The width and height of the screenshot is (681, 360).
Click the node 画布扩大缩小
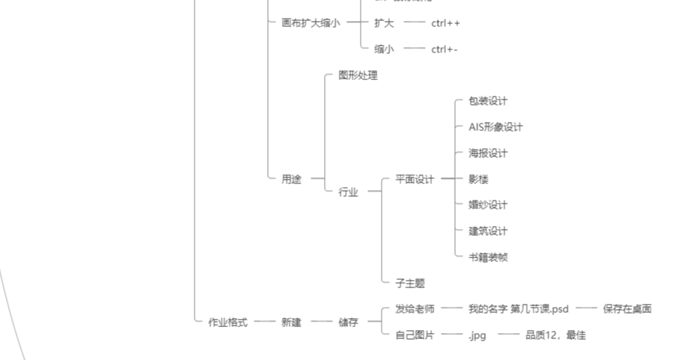310,23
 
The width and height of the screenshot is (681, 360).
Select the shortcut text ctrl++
445,23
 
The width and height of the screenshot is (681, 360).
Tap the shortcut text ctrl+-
444,49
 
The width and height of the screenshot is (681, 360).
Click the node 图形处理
358,76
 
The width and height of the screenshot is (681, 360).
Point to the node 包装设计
488,101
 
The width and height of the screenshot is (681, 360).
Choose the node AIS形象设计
495,127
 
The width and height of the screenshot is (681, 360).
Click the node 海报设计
488,153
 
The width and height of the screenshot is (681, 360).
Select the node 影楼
478,180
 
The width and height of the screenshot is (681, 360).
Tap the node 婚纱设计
488,205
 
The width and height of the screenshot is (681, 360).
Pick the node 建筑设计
488,231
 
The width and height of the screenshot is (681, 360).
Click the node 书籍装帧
488,257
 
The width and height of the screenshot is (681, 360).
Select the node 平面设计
415,180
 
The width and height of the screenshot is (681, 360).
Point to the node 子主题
410,284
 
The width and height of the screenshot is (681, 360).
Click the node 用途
291,180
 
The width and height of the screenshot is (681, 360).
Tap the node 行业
348,192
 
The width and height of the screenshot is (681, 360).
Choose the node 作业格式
227,323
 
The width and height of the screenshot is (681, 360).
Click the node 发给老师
415,309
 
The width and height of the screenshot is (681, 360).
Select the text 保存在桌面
627,309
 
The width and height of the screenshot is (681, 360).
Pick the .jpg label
477,335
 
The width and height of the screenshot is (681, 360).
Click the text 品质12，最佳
555,335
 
